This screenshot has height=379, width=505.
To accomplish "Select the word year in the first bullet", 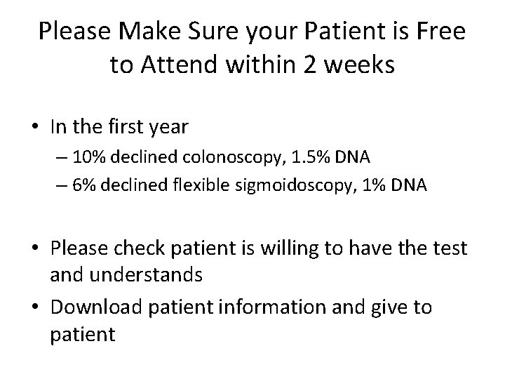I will [170, 127].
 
